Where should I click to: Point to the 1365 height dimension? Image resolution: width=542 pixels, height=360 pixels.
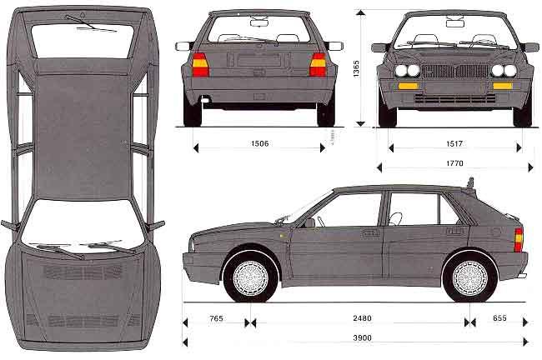coord(356,68)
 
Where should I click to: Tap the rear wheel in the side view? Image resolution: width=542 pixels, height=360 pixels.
coord(468,278)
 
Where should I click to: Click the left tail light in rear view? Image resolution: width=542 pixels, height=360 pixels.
coord(200,64)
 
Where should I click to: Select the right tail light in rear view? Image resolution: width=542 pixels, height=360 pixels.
coord(318,64)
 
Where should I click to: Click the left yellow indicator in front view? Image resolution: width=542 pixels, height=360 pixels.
coord(407,85)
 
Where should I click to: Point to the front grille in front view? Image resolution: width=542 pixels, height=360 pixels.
coord(454,71)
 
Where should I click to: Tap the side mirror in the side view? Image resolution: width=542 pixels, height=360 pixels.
coord(309,222)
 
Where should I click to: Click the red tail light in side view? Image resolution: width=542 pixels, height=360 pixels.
coord(519,240)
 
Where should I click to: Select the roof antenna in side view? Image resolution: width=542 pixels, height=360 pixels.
coord(469,182)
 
